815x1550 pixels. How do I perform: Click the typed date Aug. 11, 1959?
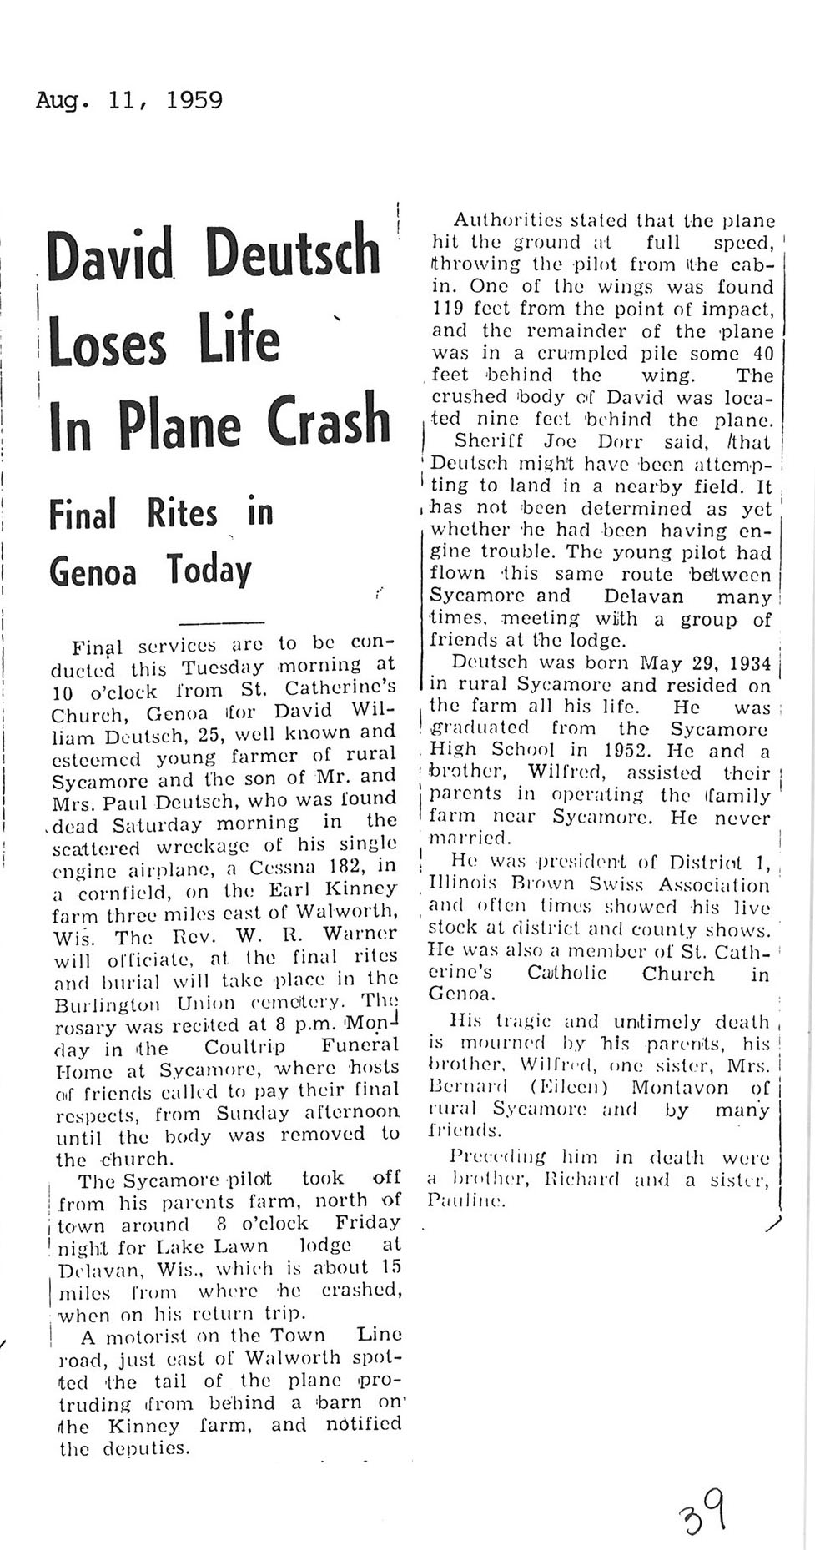[x=129, y=102]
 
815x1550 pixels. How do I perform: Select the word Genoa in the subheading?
[x=93, y=571]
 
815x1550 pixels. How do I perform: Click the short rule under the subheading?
[x=222, y=622]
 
